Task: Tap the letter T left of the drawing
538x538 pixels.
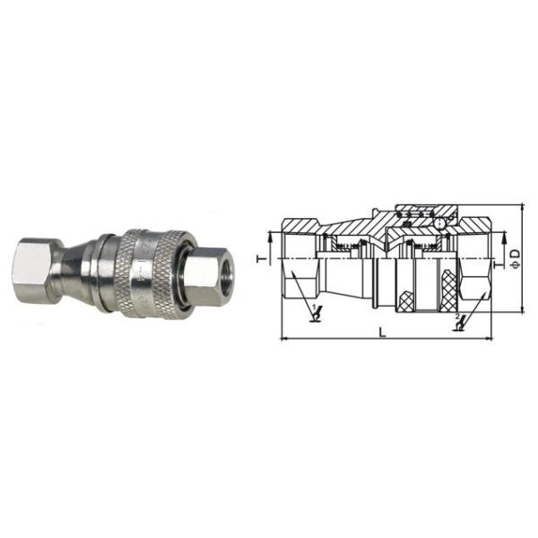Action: pos(260,258)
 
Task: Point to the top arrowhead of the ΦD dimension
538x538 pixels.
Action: pos(521,208)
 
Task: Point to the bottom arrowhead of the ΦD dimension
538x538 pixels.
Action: pos(521,308)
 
